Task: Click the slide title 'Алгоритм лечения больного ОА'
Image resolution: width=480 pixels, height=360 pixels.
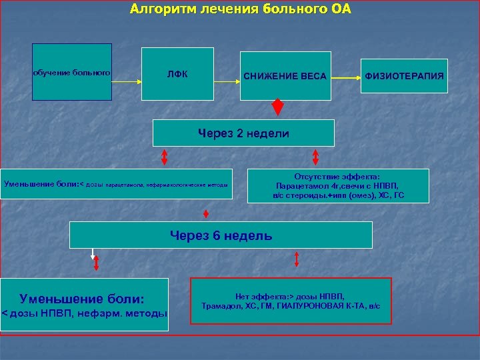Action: (241, 9)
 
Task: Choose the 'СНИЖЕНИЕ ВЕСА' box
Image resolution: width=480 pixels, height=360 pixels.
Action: (285, 76)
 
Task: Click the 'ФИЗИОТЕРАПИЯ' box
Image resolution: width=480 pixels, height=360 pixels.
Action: (404, 76)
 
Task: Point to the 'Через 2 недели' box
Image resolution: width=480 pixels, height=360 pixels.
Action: (243, 133)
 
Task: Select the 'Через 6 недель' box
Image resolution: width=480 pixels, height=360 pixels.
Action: (221, 235)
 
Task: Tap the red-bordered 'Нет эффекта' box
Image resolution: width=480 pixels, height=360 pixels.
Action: (290, 301)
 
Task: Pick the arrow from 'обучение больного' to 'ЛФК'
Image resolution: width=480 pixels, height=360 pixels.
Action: (127, 82)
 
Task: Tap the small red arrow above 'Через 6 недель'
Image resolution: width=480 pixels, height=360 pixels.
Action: (206, 214)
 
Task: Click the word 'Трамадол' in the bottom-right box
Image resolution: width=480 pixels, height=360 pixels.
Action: (220, 306)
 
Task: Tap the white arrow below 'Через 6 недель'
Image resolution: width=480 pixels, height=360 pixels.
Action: (93, 257)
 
